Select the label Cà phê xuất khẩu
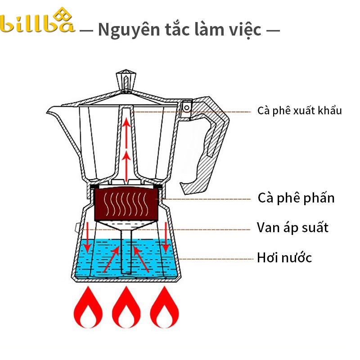click(x=299, y=111)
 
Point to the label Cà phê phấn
click(x=296, y=198)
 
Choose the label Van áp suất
click(x=292, y=228)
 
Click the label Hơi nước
click(x=284, y=257)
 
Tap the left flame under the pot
click(x=88, y=307)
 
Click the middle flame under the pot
click(x=126, y=307)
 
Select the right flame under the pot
click(x=164, y=307)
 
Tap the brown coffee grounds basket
click(x=126, y=204)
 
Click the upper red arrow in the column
click(x=126, y=133)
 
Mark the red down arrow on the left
click(x=87, y=237)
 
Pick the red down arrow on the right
click(x=166, y=237)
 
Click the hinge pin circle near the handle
click(x=187, y=108)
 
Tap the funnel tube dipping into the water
click(x=126, y=252)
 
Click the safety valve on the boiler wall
click(x=77, y=228)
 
